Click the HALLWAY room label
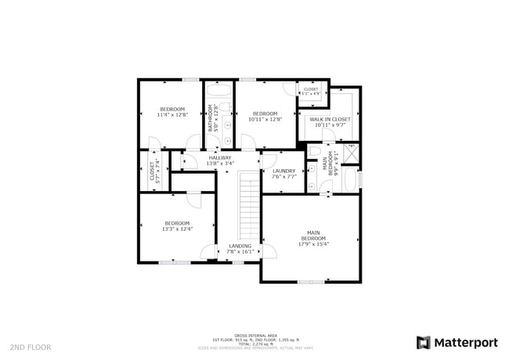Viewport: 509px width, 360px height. coord(220,158)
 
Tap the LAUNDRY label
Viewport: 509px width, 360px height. coord(284,171)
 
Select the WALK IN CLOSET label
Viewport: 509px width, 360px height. coord(330,119)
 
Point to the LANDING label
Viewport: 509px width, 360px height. coord(240,246)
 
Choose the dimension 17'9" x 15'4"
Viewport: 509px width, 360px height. coord(313,244)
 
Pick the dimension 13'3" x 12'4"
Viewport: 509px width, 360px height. coord(177,229)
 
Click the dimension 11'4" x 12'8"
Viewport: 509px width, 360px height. coord(172,115)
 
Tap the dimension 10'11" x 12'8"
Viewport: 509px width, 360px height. coord(265,120)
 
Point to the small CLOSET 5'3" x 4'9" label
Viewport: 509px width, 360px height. coord(311,90)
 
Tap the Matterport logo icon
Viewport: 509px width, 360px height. coord(424,342)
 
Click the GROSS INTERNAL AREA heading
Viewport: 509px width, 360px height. coord(256,335)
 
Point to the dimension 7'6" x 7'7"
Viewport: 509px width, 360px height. coord(284,177)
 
